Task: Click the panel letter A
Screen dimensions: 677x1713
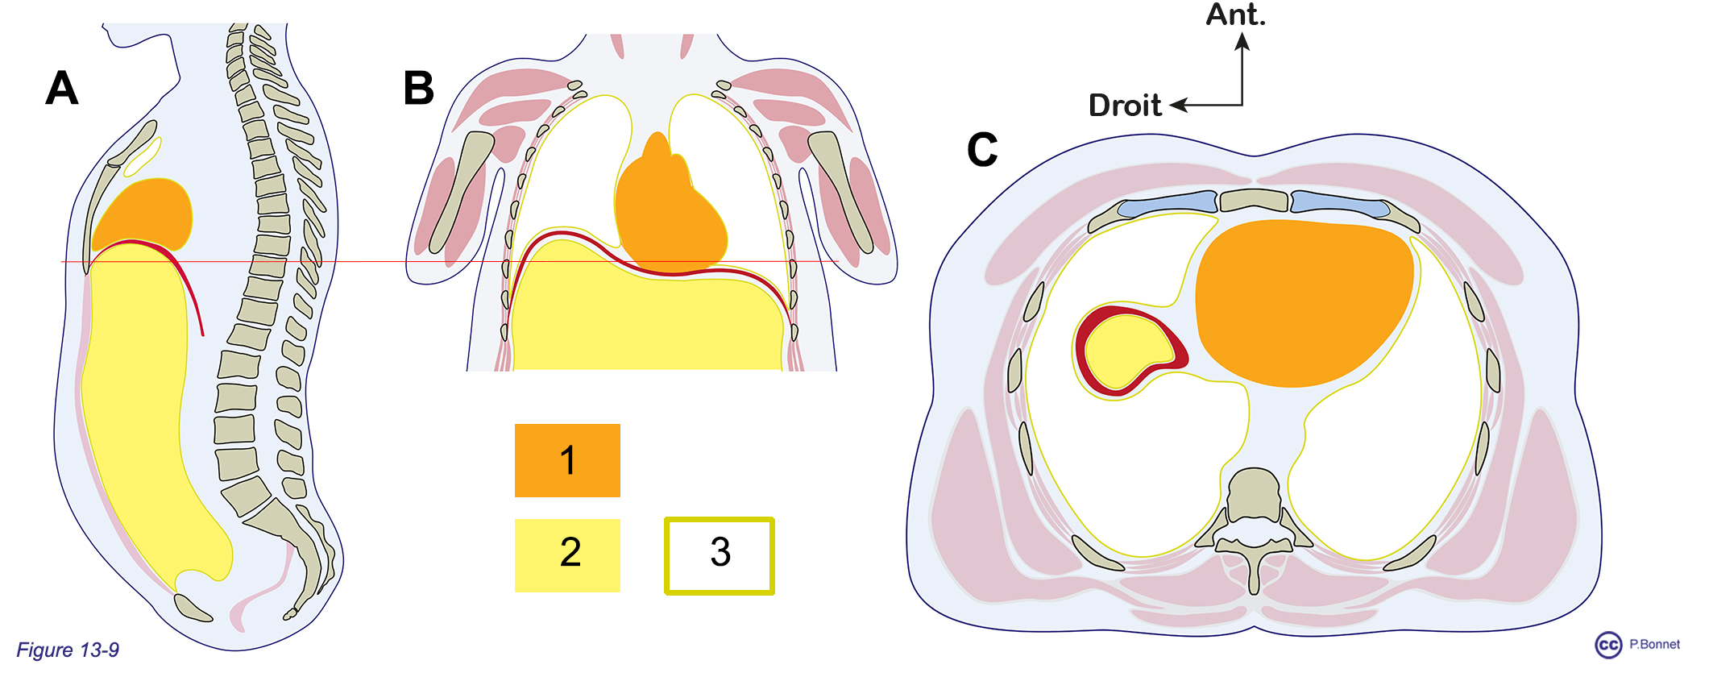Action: (62, 88)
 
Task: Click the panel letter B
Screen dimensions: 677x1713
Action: (418, 88)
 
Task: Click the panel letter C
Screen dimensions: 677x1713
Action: (982, 150)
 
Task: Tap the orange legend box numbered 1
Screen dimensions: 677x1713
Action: (567, 460)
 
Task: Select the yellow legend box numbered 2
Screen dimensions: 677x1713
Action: (567, 555)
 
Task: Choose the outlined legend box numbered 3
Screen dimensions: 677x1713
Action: (720, 555)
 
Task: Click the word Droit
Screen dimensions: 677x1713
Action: (1125, 106)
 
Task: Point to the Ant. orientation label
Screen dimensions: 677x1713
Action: (1235, 15)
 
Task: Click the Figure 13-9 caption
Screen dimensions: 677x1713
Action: (68, 650)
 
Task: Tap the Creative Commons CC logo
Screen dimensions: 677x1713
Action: (1608, 645)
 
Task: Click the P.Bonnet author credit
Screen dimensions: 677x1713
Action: (1654, 644)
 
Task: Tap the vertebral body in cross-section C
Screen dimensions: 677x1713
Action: (1254, 492)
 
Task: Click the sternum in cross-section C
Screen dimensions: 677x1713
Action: (1254, 199)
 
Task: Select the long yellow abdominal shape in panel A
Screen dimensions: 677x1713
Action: (137, 403)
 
